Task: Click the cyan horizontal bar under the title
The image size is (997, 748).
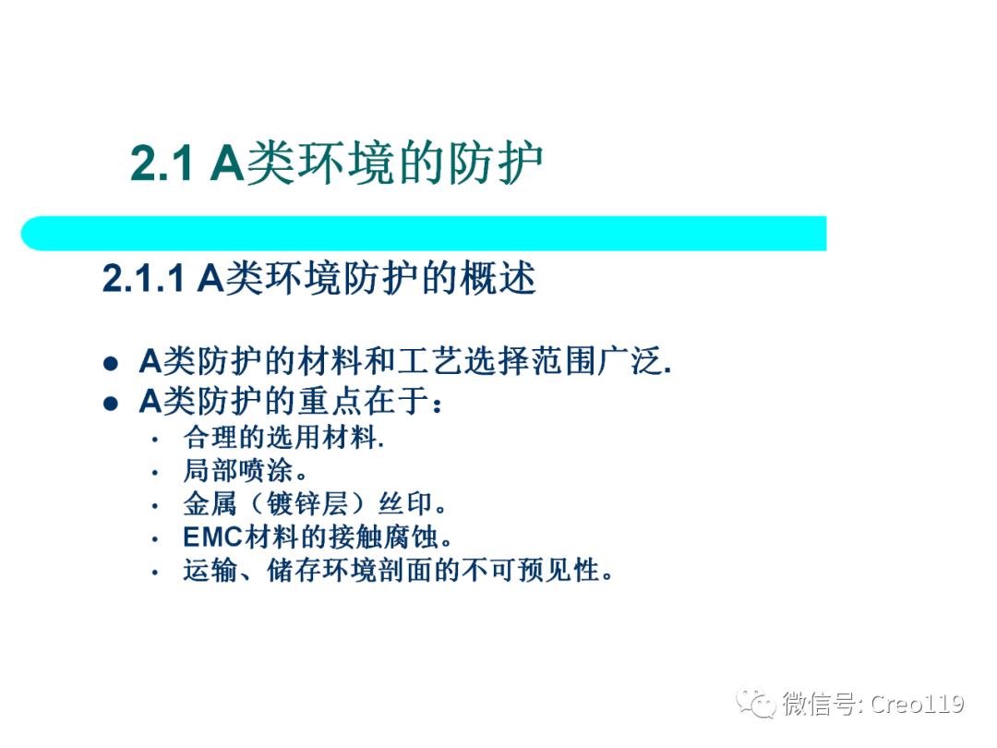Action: (425, 234)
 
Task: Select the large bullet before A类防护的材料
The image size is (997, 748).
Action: (111, 364)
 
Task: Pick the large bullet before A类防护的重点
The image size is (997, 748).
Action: (111, 404)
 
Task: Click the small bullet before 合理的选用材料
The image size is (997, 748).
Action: (155, 440)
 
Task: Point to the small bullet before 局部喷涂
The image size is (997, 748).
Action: (155, 473)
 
